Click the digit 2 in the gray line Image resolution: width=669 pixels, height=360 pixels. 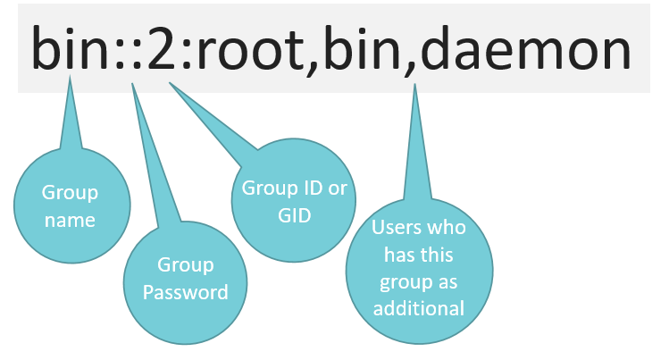(162, 48)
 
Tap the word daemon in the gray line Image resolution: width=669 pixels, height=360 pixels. (525, 47)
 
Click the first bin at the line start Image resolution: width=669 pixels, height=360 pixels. (69, 47)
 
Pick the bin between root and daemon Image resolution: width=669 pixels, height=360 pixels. (363, 47)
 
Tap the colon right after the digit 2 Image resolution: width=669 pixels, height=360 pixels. (186, 54)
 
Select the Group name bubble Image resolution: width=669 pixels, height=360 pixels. (71, 205)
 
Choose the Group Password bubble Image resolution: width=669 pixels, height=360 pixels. (185, 282)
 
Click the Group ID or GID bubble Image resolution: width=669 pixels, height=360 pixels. (294, 200)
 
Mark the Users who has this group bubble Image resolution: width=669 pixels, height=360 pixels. (420, 271)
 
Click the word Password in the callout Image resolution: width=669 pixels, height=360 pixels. (186, 292)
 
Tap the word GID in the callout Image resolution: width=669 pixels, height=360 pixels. (294, 215)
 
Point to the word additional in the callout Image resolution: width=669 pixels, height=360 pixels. (419, 308)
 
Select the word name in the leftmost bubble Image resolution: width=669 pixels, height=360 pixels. (70, 220)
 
